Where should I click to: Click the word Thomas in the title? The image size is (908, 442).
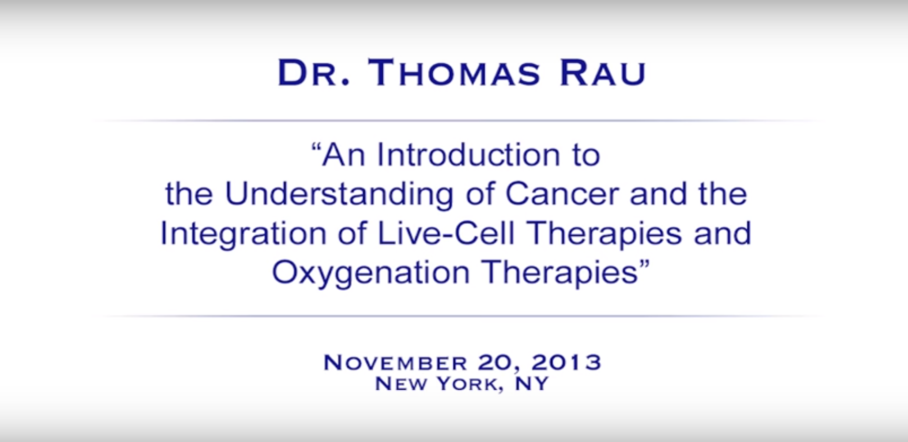[454, 73]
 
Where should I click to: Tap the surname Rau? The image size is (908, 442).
[602, 73]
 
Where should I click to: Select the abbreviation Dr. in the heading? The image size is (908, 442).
[314, 73]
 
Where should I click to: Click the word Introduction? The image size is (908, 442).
[469, 154]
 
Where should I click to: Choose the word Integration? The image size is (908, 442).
[244, 233]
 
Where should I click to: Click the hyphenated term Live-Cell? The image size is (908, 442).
[446, 233]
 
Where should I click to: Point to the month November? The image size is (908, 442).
[395, 363]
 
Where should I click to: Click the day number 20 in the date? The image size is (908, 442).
[497, 363]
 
